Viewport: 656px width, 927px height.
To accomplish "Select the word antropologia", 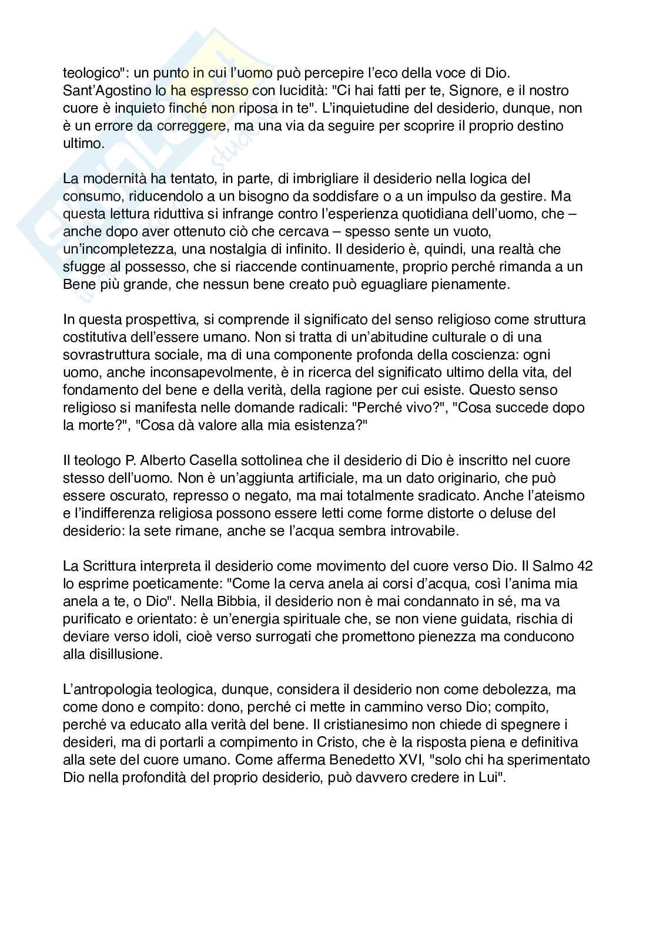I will tap(112, 689).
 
